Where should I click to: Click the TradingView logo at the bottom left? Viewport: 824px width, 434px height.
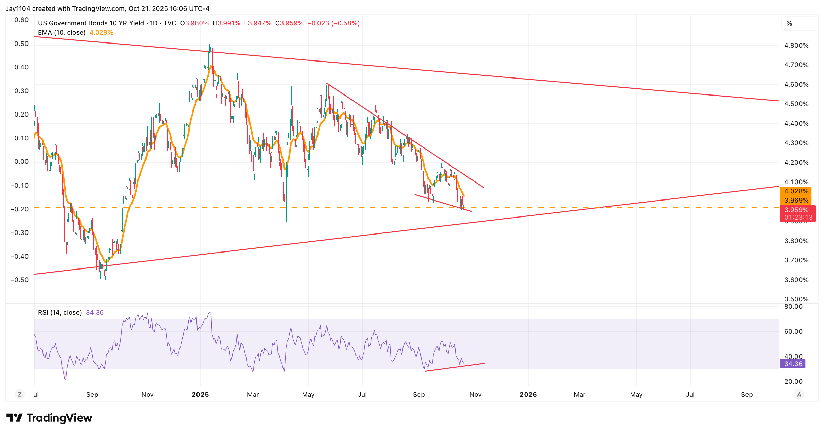49,418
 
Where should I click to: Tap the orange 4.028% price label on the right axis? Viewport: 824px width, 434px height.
796,191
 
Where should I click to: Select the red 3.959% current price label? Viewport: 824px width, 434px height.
796,210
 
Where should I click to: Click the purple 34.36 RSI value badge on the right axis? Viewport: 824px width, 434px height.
793,364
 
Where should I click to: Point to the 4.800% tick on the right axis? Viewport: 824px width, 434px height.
796,46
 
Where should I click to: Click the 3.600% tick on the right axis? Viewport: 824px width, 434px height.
796,280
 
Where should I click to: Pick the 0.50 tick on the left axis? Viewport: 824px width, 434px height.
21,44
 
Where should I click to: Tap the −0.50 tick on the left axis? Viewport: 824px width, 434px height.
19,280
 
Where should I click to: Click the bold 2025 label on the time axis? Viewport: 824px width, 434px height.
200,395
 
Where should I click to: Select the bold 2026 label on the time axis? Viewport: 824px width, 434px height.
528,395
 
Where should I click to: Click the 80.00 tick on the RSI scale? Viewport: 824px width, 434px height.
793,307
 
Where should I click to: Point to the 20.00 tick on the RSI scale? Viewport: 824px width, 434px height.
793,382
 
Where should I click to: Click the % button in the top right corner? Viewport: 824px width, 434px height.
789,24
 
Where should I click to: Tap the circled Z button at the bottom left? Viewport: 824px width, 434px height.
20,395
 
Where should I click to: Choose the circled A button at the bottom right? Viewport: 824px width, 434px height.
799,395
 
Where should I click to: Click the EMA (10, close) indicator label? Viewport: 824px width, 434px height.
62,33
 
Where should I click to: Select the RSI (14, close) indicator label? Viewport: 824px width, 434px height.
60,313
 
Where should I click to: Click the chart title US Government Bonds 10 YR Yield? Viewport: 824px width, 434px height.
91,23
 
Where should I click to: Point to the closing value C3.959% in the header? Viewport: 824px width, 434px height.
289,23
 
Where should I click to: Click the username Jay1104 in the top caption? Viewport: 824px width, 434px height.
18,9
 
